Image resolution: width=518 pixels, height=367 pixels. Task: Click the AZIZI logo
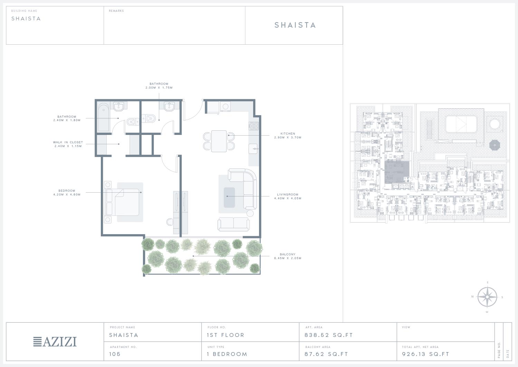(55, 342)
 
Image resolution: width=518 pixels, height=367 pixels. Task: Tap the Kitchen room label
(288, 134)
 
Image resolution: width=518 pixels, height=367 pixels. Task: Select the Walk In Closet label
(68, 142)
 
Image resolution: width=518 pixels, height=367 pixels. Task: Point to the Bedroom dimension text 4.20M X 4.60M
(67, 195)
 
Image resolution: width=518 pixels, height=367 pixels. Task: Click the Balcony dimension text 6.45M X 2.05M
(288, 258)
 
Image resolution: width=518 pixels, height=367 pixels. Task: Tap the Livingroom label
(288, 195)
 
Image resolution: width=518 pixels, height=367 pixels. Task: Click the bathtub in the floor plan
(104, 118)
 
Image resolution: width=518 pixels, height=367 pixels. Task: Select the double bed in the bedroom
(122, 202)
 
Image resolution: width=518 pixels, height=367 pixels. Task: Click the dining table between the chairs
(219, 141)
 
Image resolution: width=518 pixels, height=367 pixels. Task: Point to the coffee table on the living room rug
(229, 198)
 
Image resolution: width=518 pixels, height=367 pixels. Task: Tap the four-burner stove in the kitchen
(254, 126)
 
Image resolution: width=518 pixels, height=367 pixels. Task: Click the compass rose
(487, 297)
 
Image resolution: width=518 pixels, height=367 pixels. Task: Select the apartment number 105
(115, 354)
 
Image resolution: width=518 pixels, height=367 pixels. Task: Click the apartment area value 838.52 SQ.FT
(329, 335)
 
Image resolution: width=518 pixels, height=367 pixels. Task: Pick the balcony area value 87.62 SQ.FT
(326, 354)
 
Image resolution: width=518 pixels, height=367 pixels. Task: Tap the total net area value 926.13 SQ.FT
(425, 354)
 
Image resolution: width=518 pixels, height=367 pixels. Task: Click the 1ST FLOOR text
(226, 335)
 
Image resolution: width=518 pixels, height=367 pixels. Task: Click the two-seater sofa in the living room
(233, 224)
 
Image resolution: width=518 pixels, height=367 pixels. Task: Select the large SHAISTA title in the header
(295, 25)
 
